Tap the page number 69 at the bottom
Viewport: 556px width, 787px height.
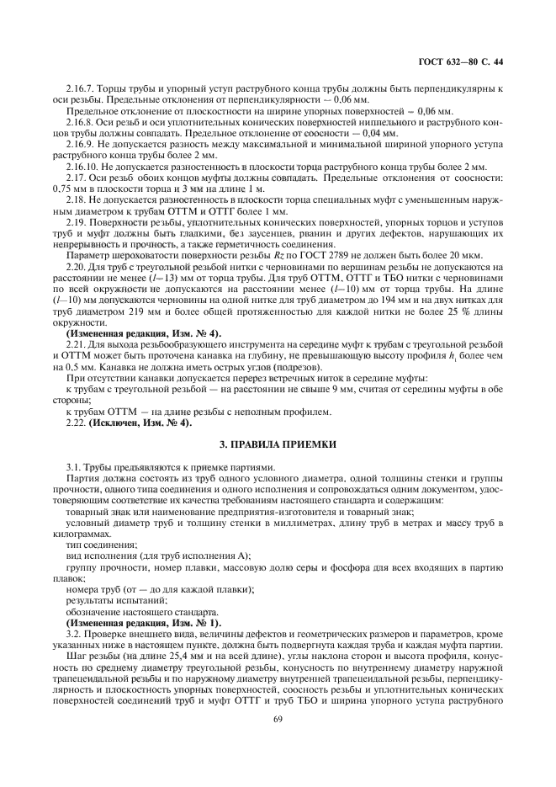click(x=278, y=717)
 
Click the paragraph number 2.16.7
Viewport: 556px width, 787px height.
click(x=81, y=88)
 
